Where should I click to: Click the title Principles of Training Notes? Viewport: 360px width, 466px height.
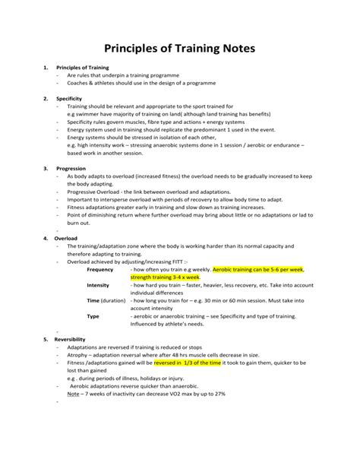[179, 49]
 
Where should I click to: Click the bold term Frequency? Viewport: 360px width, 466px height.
[100, 270]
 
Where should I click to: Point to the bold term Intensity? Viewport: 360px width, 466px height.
[98, 285]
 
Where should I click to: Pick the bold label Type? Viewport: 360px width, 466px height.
[93, 315]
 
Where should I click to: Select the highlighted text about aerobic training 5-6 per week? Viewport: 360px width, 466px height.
[258, 270]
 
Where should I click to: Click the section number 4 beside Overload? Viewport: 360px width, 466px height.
[46, 238]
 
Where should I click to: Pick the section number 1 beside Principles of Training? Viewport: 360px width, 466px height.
[46, 68]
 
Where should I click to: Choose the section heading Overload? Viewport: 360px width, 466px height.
[67, 238]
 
